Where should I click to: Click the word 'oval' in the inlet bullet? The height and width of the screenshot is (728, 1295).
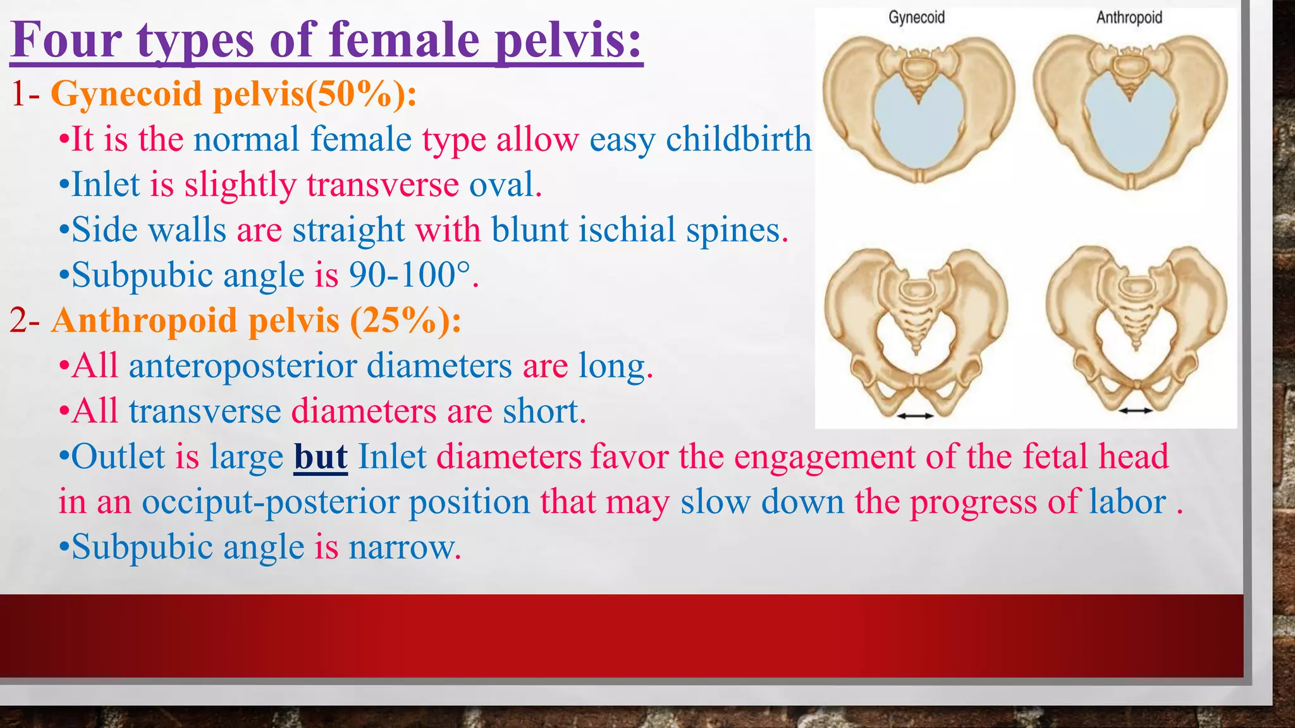pyautogui.click(x=502, y=185)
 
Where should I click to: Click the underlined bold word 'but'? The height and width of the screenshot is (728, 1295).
pyautogui.click(x=321, y=456)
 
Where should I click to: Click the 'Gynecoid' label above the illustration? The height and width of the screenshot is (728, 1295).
pyautogui.click(x=916, y=18)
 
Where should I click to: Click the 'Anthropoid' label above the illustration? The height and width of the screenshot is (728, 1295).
pyautogui.click(x=1129, y=18)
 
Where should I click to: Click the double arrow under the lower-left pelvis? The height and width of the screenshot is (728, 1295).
pyautogui.click(x=915, y=415)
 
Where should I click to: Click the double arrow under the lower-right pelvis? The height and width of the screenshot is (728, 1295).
pyautogui.click(x=1136, y=411)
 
